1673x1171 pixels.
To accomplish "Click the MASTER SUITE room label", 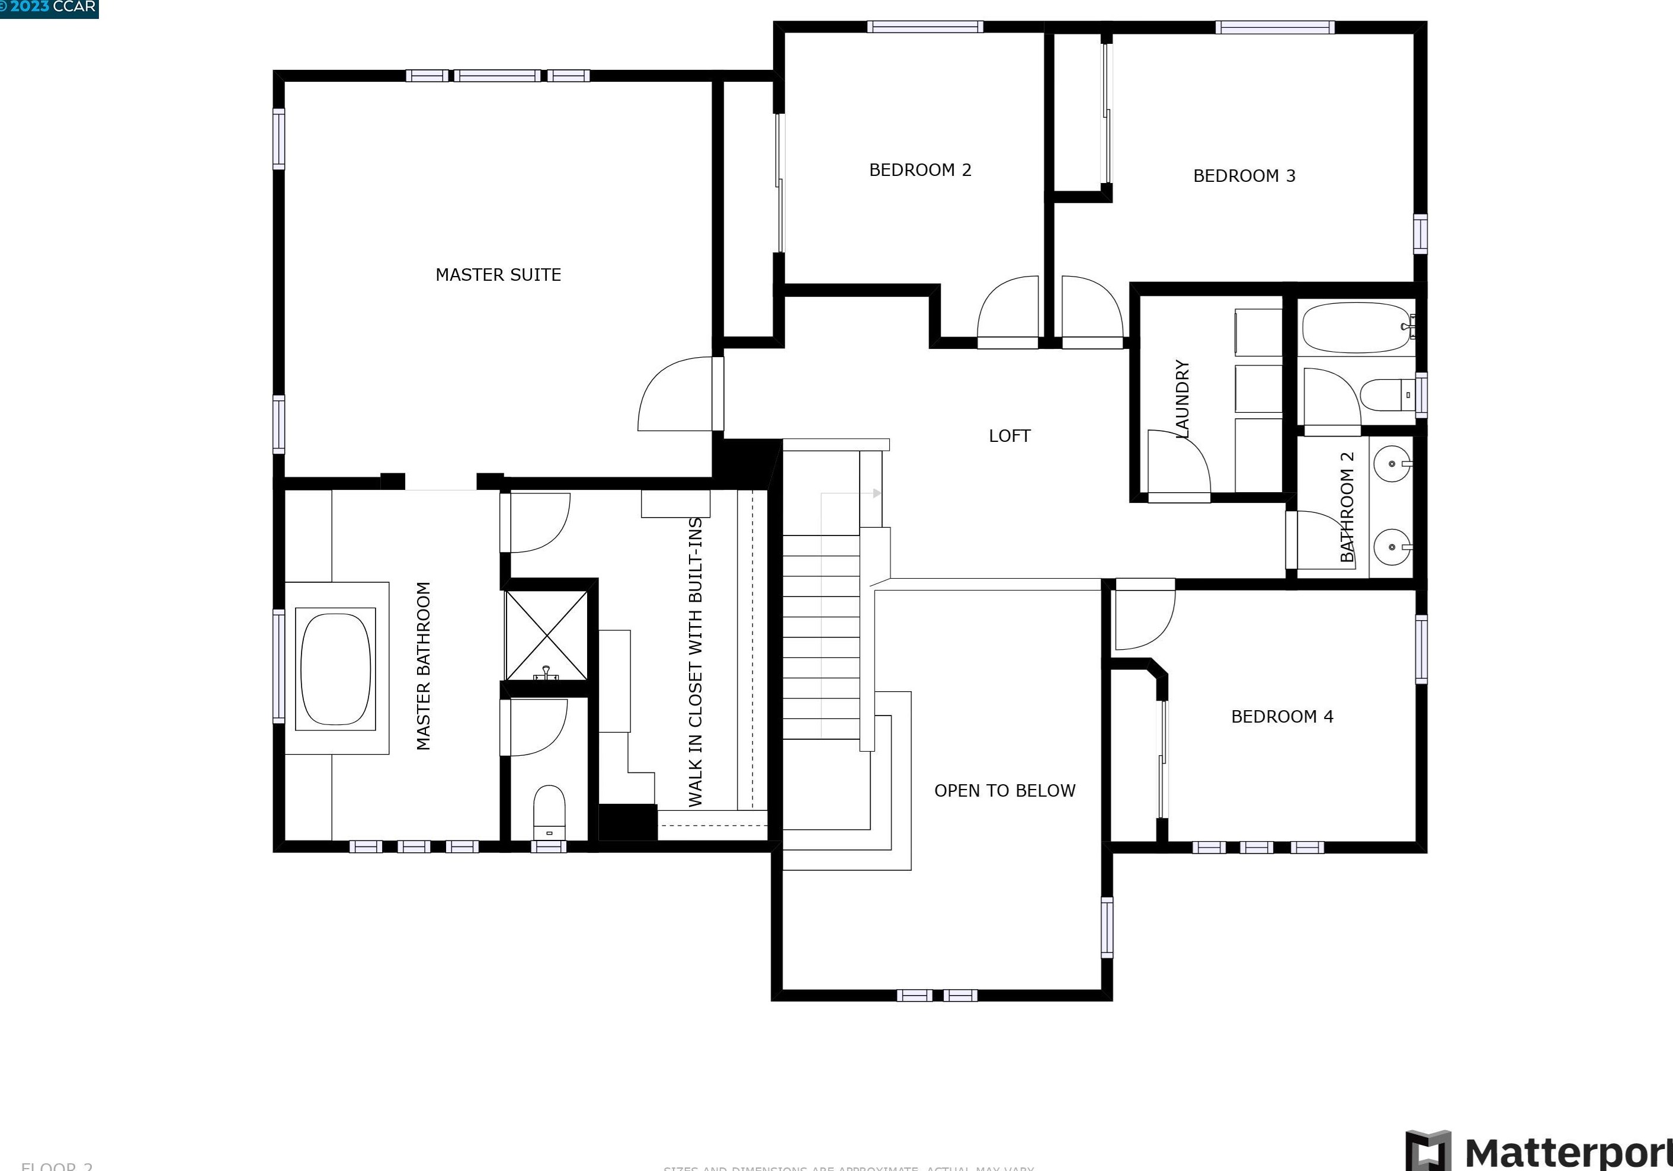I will (x=498, y=275).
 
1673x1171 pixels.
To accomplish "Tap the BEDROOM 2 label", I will (x=919, y=170).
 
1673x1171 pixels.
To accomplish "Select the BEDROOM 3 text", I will (x=1244, y=175).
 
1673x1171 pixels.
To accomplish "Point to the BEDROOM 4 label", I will (x=1282, y=716).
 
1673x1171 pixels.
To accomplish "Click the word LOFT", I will (x=1009, y=436).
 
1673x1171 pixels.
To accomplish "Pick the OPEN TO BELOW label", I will (x=1004, y=791).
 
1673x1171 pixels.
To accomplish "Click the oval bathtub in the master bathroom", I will (x=335, y=668).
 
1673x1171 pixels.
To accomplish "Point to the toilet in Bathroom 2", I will (x=1386, y=394).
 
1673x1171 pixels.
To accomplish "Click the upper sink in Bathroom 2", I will (x=1392, y=463).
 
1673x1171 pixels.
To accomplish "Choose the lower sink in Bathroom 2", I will (x=1392, y=547).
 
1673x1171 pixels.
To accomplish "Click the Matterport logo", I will (x=1537, y=1151).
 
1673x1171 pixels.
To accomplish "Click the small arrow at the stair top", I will (x=877, y=493).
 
